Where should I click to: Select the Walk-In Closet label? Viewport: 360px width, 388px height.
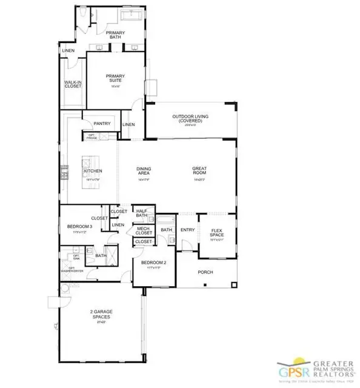pyautogui.click(x=73, y=85)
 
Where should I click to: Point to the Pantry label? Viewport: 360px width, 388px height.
pyautogui.click(x=102, y=124)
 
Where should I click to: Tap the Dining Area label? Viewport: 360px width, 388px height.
pyautogui.click(x=144, y=172)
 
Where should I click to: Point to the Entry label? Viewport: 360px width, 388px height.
pyautogui.click(x=188, y=230)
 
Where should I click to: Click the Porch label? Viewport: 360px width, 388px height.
pyautogui.click(x=205, y=272)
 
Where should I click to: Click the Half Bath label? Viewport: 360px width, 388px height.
pyautogui.click(x=142, y=213)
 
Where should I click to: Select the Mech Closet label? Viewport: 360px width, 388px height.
pyautogui.click(x=144, y=230)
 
